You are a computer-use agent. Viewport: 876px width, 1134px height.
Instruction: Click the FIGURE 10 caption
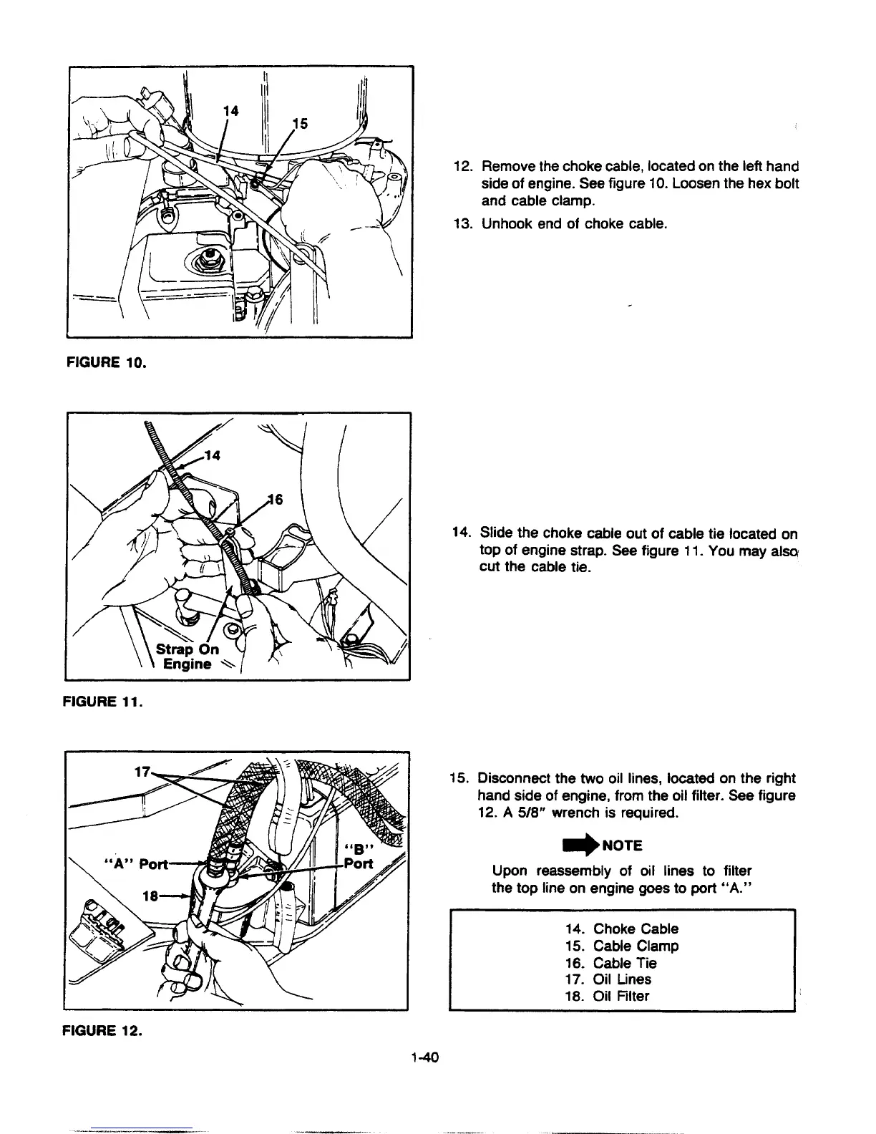(x=106, y=362)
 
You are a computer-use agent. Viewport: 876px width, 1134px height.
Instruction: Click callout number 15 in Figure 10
(x=299, y=124)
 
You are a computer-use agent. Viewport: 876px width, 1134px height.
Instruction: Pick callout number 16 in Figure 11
(x=275, y=500)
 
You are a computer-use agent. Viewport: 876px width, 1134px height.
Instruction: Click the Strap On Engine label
(x=188, y=656)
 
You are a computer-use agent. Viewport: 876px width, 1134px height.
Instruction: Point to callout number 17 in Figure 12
(x=142, y=772)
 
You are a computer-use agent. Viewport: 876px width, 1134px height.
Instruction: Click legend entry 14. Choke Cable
(x=621, y=929)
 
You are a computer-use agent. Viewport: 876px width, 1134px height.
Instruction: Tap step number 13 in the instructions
(x=462, y=224)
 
